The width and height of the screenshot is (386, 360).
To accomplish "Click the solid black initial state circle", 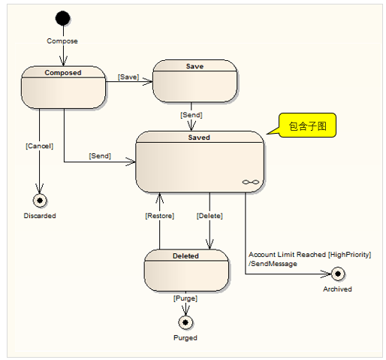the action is (x=62, y=18).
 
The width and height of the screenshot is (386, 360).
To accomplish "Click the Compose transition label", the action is (x=62, y=41).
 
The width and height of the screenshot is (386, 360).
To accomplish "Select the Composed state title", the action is (x=63, y=73).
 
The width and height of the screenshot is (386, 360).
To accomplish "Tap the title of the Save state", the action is (x=195, y=66).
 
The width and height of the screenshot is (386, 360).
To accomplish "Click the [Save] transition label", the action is (x=128, y=77).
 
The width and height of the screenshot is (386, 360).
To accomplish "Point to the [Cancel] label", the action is (x=39, y=146).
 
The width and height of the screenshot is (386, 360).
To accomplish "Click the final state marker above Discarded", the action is (x=40, y=201).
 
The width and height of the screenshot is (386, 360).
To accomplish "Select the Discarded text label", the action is (x=40, y=216).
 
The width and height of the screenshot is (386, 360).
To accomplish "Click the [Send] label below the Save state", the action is (x=191, y=115).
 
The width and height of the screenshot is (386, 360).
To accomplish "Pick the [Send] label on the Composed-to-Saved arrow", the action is (x=100, y=156).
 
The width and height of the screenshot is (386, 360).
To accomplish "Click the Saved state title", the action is (x=199, y=138).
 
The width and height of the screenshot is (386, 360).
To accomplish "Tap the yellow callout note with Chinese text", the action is (x=307, y=126).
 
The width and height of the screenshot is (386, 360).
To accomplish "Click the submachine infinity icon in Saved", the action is (x=251, y=182).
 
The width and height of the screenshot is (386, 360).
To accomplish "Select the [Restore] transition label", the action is (x=159, y=216).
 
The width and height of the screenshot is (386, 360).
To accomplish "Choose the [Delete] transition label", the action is (x=210, y=216).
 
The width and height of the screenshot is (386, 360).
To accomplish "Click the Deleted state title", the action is (x=185, y=256).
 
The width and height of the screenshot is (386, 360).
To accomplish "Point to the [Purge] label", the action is (x=185, y=298).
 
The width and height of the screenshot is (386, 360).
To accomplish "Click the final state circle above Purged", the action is (x=185, y=322).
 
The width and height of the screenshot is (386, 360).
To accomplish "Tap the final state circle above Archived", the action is (x=338, y=274).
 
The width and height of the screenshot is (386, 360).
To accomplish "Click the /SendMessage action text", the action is (x=273, y=264).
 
